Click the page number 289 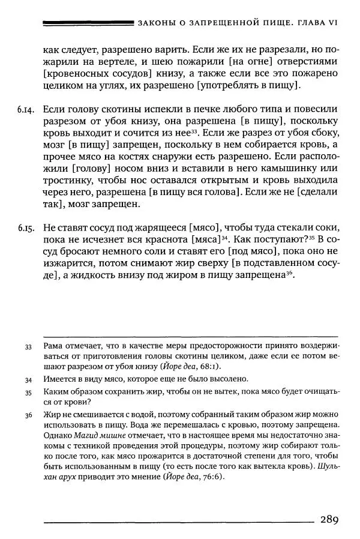331,519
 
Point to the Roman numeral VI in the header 332,23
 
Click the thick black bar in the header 89,23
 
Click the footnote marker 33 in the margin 28,348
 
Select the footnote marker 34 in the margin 28,379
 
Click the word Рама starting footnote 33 54,347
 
